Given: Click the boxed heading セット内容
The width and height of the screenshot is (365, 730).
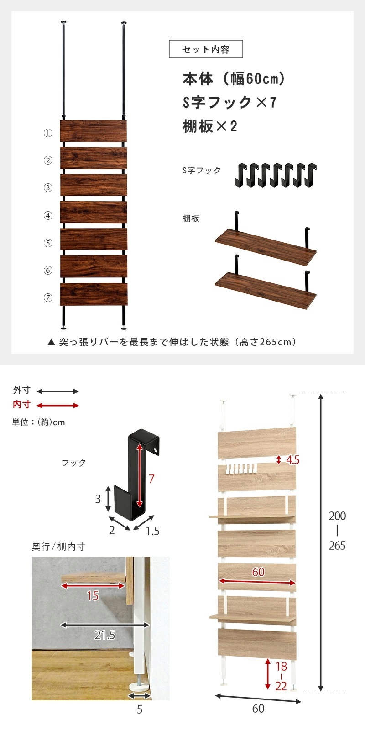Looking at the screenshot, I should pos(206,49).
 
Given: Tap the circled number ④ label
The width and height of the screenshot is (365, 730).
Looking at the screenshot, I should pos(48,215).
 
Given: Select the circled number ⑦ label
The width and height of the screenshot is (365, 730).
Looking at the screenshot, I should pos(48,297).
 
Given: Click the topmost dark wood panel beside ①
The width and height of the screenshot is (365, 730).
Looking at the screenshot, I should pos(94,131).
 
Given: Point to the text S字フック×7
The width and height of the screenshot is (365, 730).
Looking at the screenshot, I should pos(229,102).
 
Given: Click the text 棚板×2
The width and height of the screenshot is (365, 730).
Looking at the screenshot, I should pos(210,126).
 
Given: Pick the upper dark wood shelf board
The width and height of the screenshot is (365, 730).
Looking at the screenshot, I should pos(266,247).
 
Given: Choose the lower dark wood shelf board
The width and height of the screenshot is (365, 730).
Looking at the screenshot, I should pos(266,290).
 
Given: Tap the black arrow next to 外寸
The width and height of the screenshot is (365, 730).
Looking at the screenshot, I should pos(57,391).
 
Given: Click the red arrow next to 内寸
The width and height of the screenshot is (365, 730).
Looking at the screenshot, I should pos(57,405).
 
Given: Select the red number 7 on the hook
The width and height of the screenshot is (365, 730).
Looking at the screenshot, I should pos(151,479).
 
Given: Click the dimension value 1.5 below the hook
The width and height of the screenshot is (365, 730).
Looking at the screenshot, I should pos(153,531).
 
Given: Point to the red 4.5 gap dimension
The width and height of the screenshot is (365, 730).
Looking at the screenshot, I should pos(292,460).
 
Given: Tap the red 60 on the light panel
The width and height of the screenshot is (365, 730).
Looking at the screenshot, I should pos(258,572).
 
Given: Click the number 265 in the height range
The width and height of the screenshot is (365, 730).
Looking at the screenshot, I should pos(337,546).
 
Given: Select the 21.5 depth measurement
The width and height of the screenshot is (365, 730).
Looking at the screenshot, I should pos(104,635).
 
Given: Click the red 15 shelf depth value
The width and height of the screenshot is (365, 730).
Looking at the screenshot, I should pos(93,595).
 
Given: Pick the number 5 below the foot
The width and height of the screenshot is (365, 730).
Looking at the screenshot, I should pos(140,709).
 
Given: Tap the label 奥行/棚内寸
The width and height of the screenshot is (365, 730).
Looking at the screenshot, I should pos(58,547).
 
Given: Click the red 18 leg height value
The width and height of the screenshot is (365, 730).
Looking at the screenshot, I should pos(281,667).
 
